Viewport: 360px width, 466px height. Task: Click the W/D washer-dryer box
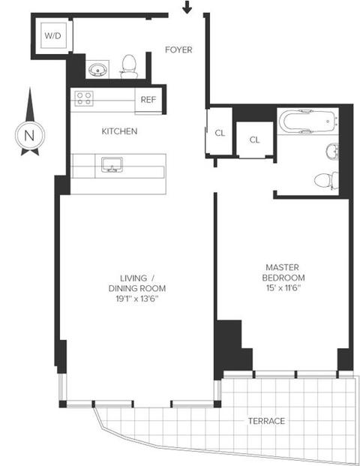[x=53, y=35]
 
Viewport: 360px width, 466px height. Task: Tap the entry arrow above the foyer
[x=187, y=8]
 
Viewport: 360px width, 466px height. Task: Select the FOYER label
[x=178, y=50]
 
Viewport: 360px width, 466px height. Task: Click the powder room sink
[x=97, y=70]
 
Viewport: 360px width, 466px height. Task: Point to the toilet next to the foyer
[x=129, y=66]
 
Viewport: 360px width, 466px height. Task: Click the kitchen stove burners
[x=84, y=98]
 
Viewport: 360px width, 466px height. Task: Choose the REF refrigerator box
[x=148, y=101]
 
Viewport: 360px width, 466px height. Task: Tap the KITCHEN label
[x=119, y=131]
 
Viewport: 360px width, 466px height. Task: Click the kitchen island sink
[x=112, y=164]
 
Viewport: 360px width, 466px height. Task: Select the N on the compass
[x=29, y=135]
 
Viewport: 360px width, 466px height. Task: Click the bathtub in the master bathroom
[x=310, y=122]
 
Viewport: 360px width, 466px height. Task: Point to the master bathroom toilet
[x=326, y=180]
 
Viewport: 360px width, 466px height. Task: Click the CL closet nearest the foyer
[x=220, y=133]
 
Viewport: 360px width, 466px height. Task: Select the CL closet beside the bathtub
[x=254, y=140]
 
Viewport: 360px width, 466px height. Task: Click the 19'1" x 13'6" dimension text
[x=136, y=299]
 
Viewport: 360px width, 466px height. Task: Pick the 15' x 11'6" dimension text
[x=283, y=287]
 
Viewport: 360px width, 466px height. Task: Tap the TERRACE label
[x=266, y=421]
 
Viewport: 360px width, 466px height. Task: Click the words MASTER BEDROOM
[x=283, y=272]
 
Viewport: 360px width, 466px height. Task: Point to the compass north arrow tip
[x=30, y=88]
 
